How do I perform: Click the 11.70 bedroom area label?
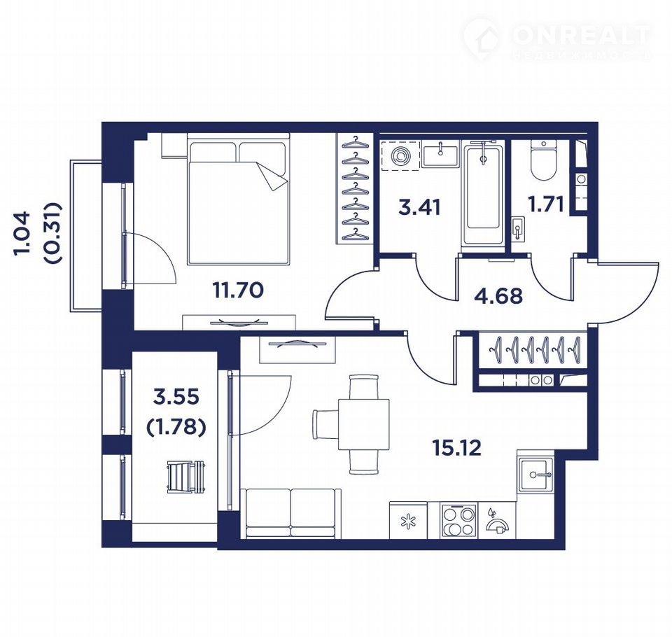[238, 290]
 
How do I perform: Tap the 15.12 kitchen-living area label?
[457, 448]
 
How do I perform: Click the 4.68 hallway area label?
[498, 296]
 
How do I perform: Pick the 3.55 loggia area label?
[176, 397]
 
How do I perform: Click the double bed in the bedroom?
[238, 199]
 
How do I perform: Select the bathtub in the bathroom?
[482, 195]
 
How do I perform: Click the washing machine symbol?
[400, 155]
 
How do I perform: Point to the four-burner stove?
[459, 520]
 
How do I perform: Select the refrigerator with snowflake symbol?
[408, 520]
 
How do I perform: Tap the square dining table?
[364, 424]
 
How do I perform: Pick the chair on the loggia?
[186, 476]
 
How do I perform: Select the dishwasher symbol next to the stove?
[497, 521]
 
